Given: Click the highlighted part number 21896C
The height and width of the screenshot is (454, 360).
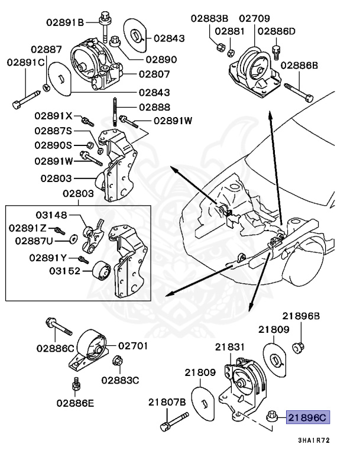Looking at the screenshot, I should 307,418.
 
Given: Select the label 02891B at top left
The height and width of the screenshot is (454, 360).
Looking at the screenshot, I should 66,22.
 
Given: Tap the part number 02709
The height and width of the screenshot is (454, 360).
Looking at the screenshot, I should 252,18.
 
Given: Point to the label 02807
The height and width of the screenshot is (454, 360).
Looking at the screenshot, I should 154,74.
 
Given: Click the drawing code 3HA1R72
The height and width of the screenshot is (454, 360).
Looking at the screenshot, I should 314,440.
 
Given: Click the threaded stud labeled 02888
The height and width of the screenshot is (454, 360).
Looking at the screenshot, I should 111,116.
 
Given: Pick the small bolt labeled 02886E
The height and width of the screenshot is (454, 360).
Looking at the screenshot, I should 76,387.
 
